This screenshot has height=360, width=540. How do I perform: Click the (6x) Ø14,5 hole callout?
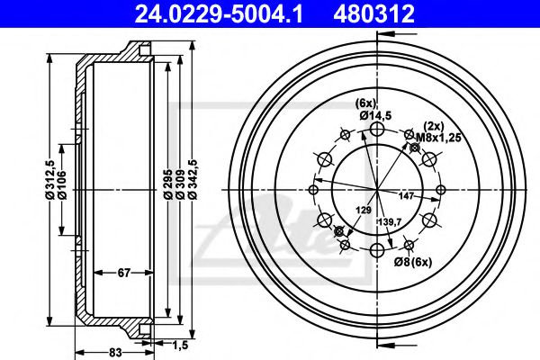372,109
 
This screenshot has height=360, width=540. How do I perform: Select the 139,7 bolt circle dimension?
390,220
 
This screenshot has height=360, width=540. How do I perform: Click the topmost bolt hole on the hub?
377,130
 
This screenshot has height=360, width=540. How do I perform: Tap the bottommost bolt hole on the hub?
377,249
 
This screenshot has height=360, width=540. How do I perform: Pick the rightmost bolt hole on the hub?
439,190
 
